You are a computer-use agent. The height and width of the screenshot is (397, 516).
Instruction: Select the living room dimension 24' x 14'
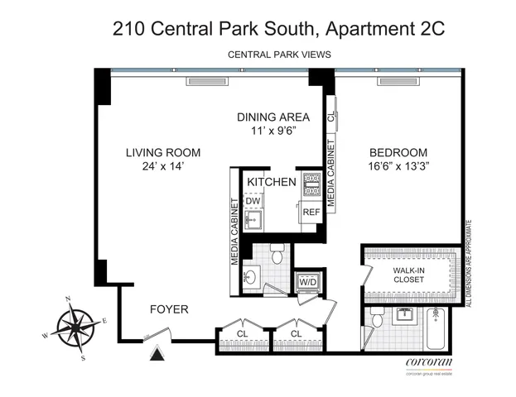tap(163, 166)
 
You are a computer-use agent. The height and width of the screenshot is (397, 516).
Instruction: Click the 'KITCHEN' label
tap(271, 181)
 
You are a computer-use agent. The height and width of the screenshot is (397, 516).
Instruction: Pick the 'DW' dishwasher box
tap(253, 201)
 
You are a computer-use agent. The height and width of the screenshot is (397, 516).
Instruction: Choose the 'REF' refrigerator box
tap(310, 213)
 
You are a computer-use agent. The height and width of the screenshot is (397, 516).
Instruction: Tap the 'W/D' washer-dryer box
tap(307, 281)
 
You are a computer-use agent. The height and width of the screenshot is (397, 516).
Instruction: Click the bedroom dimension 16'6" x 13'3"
tap(398, 166)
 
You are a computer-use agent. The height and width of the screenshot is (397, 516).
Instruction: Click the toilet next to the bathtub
tap(377, 318)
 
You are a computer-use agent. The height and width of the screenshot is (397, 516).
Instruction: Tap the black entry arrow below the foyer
tap(154, 356)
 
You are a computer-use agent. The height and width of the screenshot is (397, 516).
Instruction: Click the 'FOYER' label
tap(169, 309)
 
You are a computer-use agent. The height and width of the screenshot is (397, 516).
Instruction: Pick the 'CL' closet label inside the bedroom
tap(330, 117)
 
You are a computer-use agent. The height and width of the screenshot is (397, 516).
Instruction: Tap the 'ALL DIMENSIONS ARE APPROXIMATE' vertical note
tap(469, 263)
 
